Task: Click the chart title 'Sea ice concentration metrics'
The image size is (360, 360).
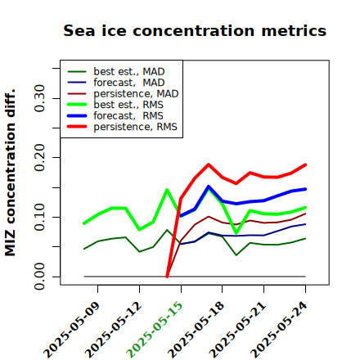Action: tap(195, 30)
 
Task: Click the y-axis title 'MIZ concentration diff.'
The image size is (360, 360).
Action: tap(10, 173)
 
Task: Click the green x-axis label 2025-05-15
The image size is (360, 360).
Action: tap(155, 330)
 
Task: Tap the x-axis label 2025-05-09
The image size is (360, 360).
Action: tap(71, 330)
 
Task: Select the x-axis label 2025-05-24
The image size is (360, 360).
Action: tap(279, 330)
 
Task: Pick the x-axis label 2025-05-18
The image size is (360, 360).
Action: tap(196, 330)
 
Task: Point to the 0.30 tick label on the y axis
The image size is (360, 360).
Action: tap(39, 98)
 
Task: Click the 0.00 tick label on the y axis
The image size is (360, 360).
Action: tap(39, 277)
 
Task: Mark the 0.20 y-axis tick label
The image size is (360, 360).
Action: tap(39, 157)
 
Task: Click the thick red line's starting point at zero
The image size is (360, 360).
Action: tap(167, 277)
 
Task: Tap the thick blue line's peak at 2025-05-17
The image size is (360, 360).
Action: tap(209, 187)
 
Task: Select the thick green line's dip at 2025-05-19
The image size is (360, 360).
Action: tap(236, 233)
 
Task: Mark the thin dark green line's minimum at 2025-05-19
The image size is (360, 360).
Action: tap(236, 255)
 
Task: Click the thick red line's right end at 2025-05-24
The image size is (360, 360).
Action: tap(305, 164)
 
